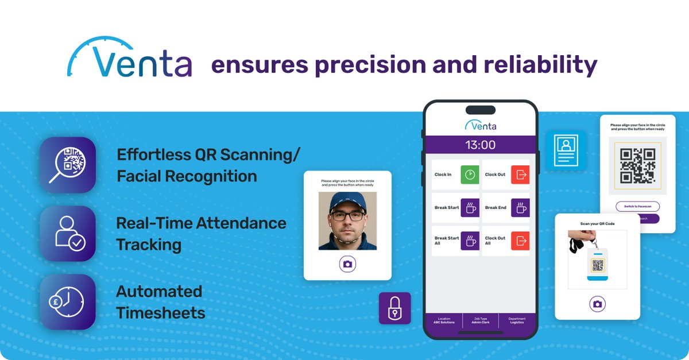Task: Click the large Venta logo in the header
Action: (x=130, y=59)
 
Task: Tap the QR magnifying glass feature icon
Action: (x=68, y=165)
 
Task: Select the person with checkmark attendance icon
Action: (x=68, y=234)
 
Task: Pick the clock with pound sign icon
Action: (x=68, y=301)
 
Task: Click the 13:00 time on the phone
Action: (x=480, y=145)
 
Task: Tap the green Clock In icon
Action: (x=470, y=175)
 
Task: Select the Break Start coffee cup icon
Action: (x=470, y=208)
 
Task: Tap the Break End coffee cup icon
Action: (x=520, y=208)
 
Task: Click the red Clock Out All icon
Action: (x=520, y=241)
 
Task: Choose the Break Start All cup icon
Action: (x=470, y=241)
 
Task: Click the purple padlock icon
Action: (x=395, y=308)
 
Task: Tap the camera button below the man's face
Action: (x=347, y=264)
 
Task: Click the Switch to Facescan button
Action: (x=637, y=206)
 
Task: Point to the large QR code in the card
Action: (x=637, y=166)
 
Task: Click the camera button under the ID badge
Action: (x=597, y=304)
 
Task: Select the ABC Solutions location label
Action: (x=444, y=322)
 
